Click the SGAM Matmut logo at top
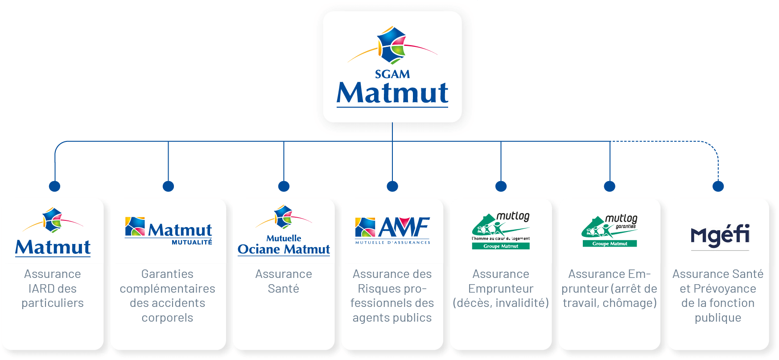pos(392,67)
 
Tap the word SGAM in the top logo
pos(392,74)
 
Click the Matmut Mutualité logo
pos(169,231)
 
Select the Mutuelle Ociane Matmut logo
pos(284,231)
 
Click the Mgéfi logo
pos(720,236)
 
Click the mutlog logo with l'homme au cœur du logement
pos(501,231)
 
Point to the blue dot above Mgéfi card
pos(718,186)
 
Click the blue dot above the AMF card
pos(392,186)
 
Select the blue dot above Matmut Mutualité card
pos(168,186)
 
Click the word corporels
pos(167,318)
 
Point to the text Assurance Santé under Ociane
pos(284,281)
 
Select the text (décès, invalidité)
pos(501,303)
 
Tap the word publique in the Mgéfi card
pos(718,318)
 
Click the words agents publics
pos(392,318)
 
